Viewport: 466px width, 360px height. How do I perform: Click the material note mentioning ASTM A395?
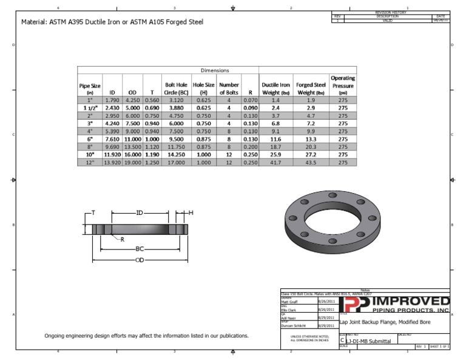tap(112, 22)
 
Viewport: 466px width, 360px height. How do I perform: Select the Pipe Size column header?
tap(90, 89)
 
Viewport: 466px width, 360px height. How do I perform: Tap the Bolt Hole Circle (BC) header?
tap(176, 89)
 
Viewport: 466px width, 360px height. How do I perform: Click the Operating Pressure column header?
tap(343, 85)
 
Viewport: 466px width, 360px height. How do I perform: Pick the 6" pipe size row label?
tap(90, 139)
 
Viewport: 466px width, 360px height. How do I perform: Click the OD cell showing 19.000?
tap(132, 163)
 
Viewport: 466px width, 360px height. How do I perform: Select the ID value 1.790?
tap(112, 100)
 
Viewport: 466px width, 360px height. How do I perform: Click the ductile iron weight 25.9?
tap(276, 155)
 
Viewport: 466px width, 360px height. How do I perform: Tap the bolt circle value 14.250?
tap(176, 155)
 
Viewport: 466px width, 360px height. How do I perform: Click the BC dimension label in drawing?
tap(140, 250)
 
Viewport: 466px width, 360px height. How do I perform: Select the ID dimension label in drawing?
tap(139, 213)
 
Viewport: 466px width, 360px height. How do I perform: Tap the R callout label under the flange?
tap(122, 240)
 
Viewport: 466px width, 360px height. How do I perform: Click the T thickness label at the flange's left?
tap(93, 213)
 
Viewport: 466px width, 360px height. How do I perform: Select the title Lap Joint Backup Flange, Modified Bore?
tap(385, 322)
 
